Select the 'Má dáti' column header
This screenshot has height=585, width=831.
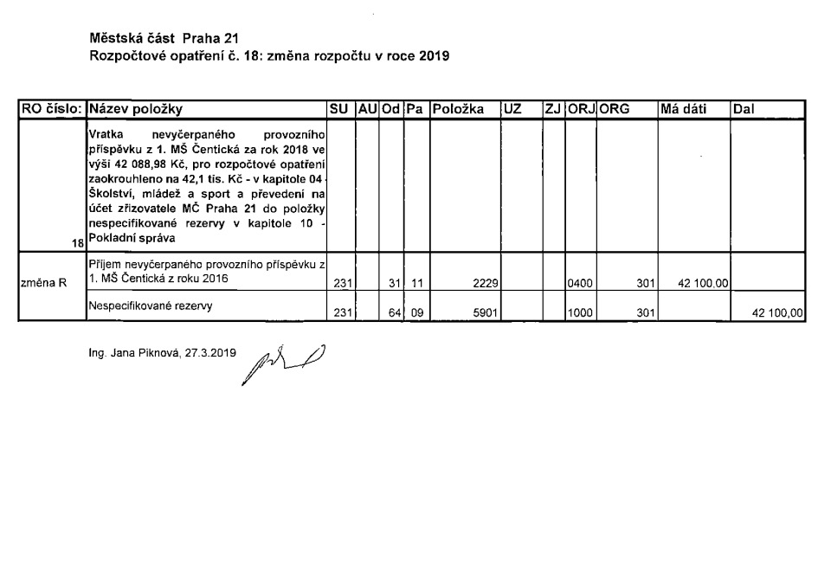pos(683,110)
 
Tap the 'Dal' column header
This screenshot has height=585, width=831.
pos(744,110)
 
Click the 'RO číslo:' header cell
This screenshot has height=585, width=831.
pos(53,110)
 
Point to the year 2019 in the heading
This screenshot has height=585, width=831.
pos(434,56)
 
